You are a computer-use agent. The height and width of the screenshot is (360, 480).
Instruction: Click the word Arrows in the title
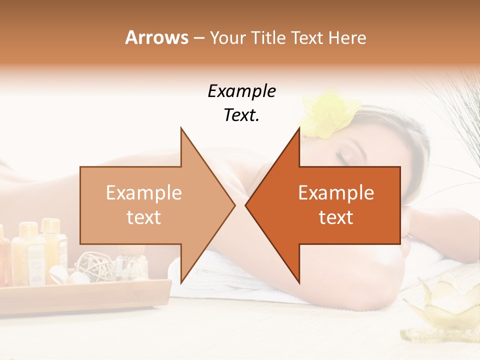click(x=157, y=37)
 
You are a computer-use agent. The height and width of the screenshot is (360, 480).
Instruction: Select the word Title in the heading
click(x=268, y=38)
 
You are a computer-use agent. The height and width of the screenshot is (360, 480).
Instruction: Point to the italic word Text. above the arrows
click(x=241, y=115)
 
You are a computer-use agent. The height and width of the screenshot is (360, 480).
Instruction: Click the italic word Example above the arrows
click(x=241, y=91)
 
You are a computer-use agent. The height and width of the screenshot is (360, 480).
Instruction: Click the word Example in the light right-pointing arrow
click(x=144, y=193)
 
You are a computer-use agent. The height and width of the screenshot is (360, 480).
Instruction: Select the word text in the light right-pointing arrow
click(x=144, y=217)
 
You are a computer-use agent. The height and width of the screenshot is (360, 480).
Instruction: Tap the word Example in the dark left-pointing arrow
click(x=336, y=193)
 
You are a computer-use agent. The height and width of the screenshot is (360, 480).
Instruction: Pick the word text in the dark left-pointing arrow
click(x=336, y=217)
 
